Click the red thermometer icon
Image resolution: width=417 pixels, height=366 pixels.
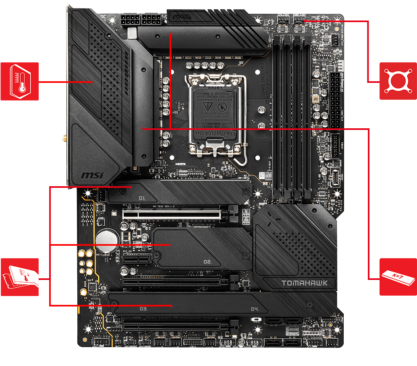click(x=19, y=81)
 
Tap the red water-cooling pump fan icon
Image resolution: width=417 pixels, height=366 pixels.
click(x=398, y=81)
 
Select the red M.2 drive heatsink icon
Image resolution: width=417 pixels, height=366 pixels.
click(x=19, y=277)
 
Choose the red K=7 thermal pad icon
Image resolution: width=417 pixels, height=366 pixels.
click(x=398, y=277)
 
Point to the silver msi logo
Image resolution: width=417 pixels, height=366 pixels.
click(x=92, y=175)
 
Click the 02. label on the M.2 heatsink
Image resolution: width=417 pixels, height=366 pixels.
click(x=207, y=262)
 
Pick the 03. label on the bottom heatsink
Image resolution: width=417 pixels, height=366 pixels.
click(x=143, y=309)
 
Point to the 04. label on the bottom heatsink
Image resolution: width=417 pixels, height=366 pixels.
click(x=254, y=309)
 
